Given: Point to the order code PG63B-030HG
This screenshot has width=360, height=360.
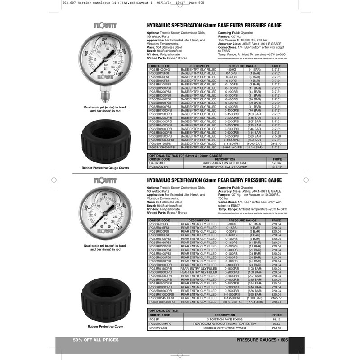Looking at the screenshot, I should [x=159, y=70].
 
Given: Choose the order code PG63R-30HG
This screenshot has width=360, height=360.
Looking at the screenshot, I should [x=158, y=224].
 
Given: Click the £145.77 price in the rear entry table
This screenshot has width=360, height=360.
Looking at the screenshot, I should [x=276, y=298].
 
